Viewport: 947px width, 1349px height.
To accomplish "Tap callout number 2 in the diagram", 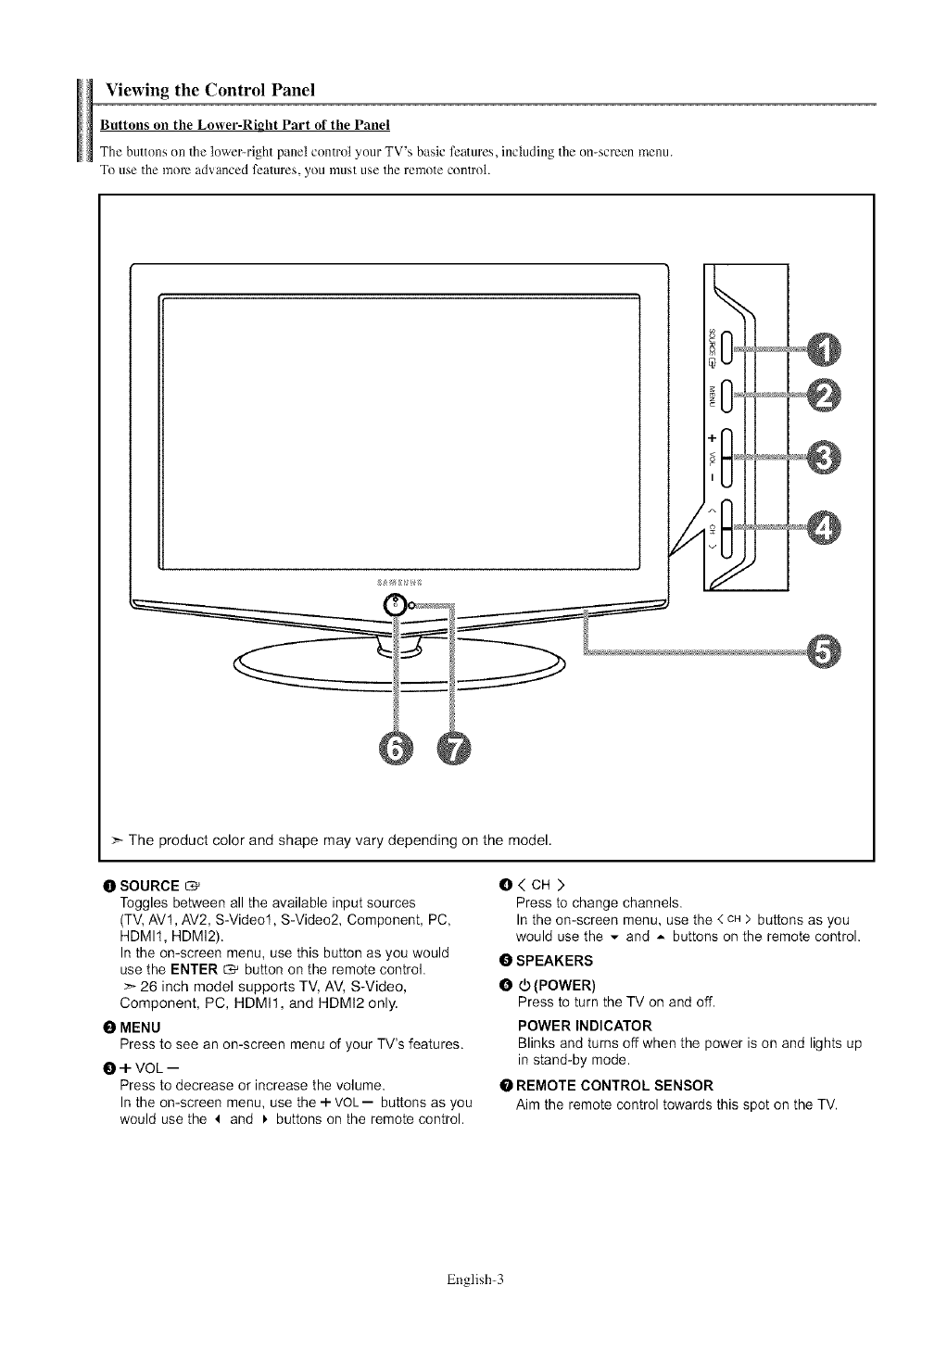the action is click(x=820, y=396).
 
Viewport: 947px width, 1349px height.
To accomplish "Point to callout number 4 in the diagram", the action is click(x=820, y=528).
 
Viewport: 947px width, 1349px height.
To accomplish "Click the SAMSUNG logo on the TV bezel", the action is click(x=399, y=583).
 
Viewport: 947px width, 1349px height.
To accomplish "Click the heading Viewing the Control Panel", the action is click(x=210, y=90).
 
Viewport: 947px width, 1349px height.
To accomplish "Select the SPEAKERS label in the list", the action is click(x=556, y=960).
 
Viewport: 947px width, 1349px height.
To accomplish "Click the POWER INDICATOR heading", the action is click(x=585, y=1026).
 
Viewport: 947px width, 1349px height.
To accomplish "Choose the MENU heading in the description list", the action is click(x=141, y=1027).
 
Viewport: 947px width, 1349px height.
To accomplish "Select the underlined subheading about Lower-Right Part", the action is click(x=245, y=124).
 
